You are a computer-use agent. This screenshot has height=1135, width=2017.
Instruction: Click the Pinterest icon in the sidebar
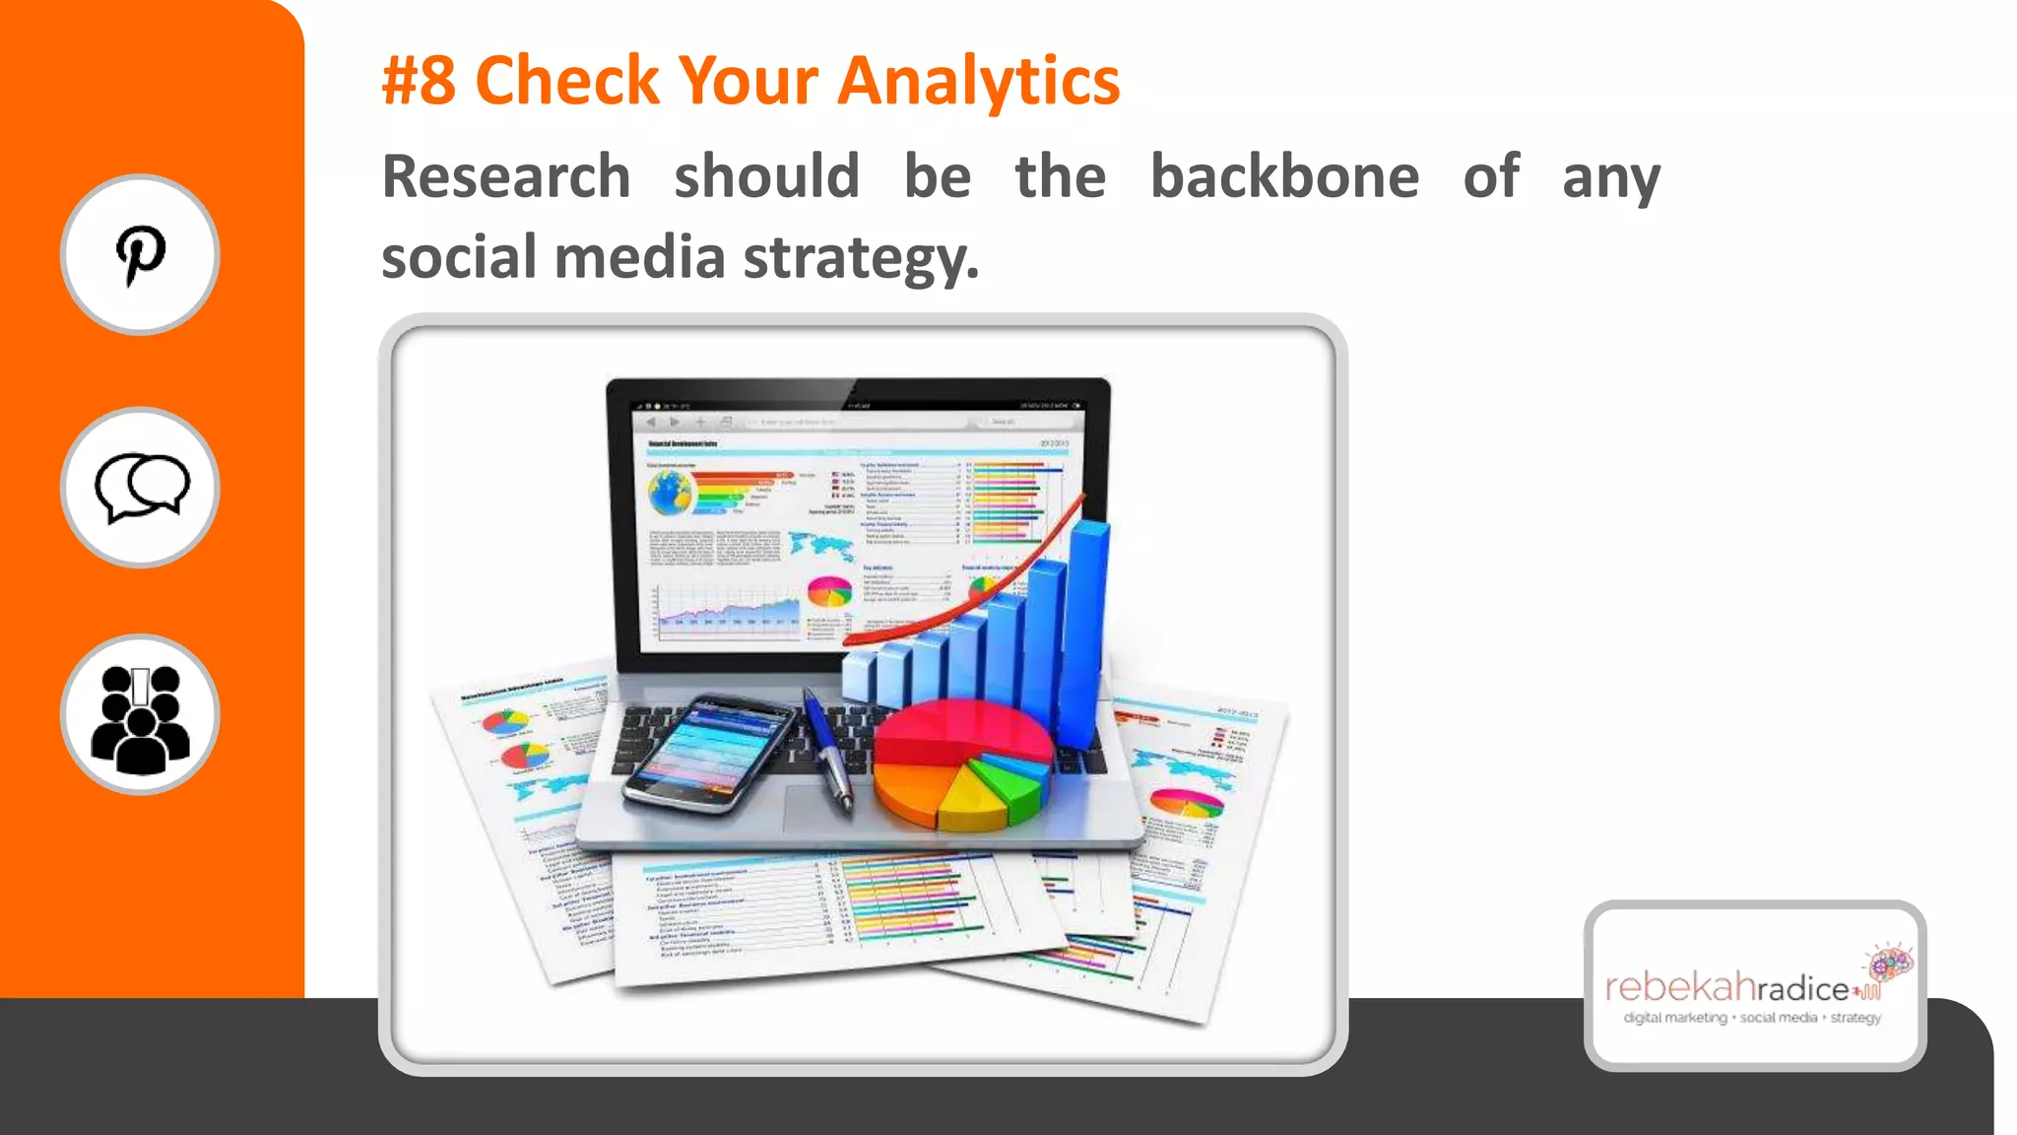[x=140, y=255]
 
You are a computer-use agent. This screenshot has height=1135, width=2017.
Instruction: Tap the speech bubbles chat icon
[x=141, y=488]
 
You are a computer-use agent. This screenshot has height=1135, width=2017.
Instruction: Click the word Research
[x=506, y=177]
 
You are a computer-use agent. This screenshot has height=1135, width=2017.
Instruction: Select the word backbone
[x=1284, y=177]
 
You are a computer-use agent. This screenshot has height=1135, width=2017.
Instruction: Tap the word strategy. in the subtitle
[x=861, y=258]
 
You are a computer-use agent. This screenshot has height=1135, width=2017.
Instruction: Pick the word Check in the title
[x=567, y=81]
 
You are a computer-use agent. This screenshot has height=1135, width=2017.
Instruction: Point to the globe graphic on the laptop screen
[x=672, y=492]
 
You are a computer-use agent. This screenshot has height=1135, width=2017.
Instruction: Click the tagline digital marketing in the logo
[x=1675, y=1018]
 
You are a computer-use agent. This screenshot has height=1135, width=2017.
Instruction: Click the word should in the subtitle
[x=766, y=177]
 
